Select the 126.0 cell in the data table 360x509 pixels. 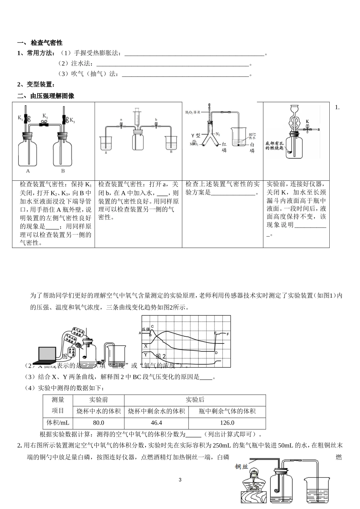tap(227, 423)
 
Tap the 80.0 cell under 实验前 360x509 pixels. tap(99, 423)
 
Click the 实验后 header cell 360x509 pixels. tap(195, 400)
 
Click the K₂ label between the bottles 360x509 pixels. tap(45, 116)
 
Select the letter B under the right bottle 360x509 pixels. tap(63, 171)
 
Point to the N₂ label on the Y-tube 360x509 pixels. tap(218, 134)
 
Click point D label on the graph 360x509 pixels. tap(216, 353)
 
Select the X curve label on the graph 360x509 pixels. tap(146, 346)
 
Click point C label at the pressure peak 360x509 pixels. tap(152, 326)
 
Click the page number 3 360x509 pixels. tap(180, 480)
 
